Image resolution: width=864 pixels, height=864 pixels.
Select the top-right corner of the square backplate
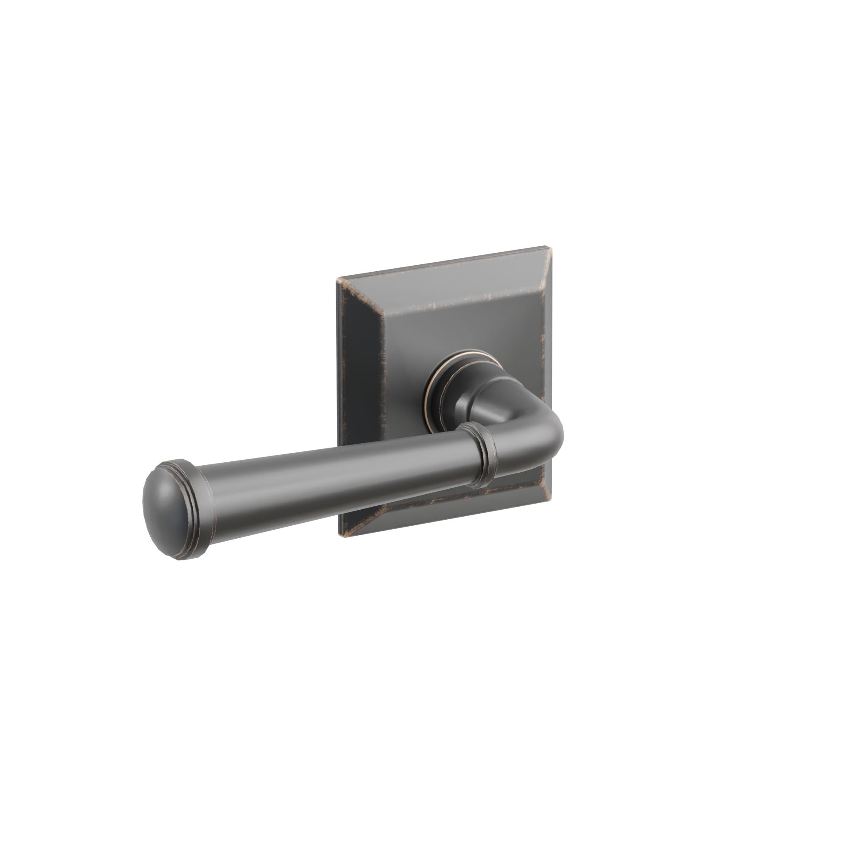pos(546,247)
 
